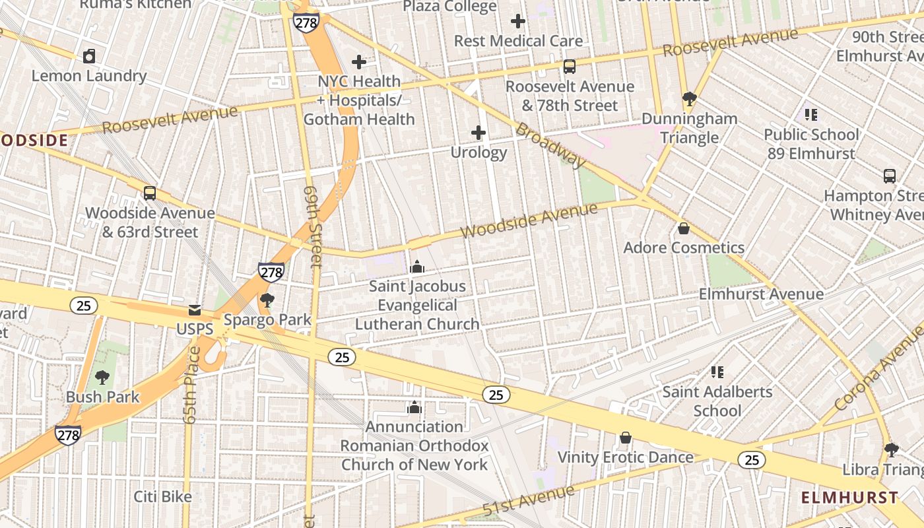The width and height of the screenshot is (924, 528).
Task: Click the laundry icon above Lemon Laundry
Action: (x=89, y=56)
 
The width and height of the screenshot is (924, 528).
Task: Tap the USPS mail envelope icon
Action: (x=195, y=310)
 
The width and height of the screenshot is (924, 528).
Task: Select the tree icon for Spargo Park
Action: (x=267, y=301)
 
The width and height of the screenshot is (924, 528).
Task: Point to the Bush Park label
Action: (x=102, y=397)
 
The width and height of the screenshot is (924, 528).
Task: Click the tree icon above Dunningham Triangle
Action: (x=689, y=100)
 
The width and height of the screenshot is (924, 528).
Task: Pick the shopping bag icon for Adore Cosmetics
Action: (x=684, y=228)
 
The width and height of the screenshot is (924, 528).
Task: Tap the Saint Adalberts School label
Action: (x=717, y=401)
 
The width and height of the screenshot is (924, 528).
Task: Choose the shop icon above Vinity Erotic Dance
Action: (x=625, y=438)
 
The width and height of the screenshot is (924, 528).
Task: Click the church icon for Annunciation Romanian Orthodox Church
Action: (x=414, y=407)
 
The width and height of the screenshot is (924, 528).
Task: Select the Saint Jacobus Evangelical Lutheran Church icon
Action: (x=416, y=267)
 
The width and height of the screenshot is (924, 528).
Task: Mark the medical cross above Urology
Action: (x=478, y=133)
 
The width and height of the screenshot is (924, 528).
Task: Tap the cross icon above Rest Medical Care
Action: (x=518, y=22)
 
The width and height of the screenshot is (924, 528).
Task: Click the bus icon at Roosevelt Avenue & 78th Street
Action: (x=569, y=67)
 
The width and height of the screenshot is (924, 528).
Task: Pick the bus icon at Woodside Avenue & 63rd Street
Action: (x=150, y=193)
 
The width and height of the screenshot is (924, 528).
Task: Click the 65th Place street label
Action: (x=191, y=385)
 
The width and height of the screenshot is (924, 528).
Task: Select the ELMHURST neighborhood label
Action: (x=849, y=498)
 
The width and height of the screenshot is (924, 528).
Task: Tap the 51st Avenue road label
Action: (x=528, y=500)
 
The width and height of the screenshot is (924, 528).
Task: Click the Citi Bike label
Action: (x=162, y=496)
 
